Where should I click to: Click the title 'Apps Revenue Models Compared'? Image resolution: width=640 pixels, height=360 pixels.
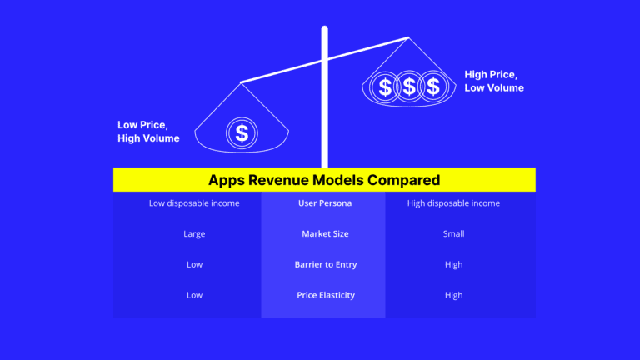click(x=324, y=180)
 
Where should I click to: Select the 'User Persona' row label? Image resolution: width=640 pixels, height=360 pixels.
click(x=324, y=203)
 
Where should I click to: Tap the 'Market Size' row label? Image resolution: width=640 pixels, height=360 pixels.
click(x=324, y=234)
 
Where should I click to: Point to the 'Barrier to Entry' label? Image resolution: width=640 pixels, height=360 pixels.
click(x=324, y=265)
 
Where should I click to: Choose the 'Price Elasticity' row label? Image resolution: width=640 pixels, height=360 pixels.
click(x=324, y=295)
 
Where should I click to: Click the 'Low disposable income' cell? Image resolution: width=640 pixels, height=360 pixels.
click(x=194, y=203)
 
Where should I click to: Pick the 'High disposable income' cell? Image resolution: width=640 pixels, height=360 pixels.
click(x=453, y=203)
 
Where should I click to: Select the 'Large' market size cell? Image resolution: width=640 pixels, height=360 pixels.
click(x=194, y=234)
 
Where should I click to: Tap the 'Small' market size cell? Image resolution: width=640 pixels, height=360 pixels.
click(x=453, y=234)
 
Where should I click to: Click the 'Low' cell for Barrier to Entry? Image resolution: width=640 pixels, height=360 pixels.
click(x=194, y=265)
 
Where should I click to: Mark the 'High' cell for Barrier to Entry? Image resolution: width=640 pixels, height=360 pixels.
click(x=453, y=265)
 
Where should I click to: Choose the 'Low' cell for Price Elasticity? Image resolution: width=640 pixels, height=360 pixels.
click(x=194, y=295)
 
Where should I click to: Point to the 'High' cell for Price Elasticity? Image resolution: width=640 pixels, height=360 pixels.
click(x=453, y=295)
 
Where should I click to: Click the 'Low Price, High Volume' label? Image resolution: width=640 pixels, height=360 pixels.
click(x=148, y=132)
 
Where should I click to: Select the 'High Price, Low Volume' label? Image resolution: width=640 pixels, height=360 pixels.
click(x=494, y=81)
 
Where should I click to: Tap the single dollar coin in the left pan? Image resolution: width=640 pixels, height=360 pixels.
click(x=242, y=132)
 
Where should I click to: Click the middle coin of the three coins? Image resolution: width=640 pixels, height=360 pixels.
click(x=409, y=86)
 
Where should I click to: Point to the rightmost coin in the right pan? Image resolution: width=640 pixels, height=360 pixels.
click(x=432, y=86)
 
